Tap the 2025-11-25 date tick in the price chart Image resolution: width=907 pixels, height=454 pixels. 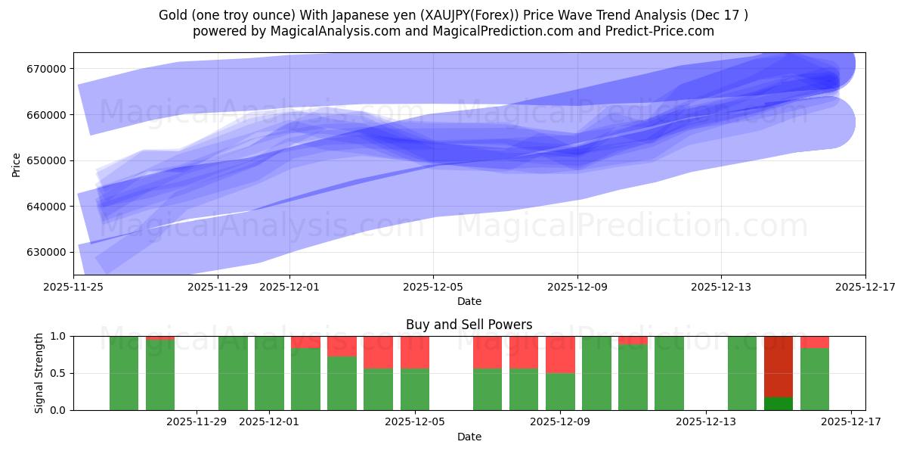pos(73,287)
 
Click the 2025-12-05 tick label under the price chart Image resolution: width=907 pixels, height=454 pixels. pos(433,287)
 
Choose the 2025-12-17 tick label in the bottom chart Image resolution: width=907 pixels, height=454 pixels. pos(851,422)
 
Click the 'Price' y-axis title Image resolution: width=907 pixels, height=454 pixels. pos(17,163)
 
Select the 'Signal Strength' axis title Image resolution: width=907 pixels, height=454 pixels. pos(39,373)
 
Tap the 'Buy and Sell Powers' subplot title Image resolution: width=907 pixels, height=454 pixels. pos(469,325)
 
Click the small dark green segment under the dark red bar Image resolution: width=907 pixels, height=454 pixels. pos(778,403)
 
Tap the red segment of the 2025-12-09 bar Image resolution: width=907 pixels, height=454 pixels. pos(560,354)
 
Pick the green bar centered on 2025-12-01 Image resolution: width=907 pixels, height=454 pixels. pos(269,373)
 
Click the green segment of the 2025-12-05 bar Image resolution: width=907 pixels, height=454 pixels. pos(415,389)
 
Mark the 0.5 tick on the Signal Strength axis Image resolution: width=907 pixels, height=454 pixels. pos(60,373)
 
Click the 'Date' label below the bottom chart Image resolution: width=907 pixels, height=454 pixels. pos(469,437)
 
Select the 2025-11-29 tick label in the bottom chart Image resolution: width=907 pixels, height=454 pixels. pos(197,422)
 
